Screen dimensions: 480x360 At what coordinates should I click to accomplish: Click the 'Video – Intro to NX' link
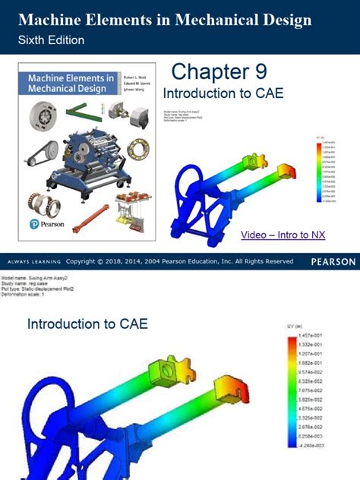point(283,235)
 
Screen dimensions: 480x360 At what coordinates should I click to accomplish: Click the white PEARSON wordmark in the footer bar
point(333,262)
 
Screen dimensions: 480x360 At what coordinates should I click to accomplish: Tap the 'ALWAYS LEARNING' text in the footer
point(32,262)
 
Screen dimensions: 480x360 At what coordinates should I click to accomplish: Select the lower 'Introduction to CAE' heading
point(87,324)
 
